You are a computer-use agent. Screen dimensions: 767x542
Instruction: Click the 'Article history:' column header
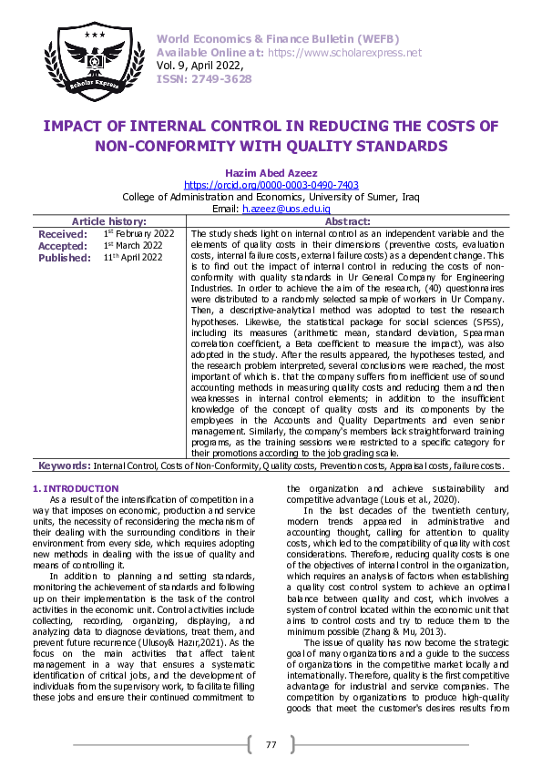click(108, 221)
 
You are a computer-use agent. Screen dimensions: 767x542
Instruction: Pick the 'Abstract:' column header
click(347, 221)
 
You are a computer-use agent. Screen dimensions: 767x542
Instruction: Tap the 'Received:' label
click(62, 234)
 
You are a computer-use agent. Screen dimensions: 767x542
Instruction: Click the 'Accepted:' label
click(63, 246)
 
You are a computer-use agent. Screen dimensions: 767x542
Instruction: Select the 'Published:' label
click(65, 258)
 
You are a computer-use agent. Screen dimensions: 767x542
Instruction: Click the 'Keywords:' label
click(65, 465)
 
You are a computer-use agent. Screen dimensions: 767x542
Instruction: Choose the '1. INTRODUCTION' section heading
click(75, 489)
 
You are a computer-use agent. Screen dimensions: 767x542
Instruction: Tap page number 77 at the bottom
click(271, 744)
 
